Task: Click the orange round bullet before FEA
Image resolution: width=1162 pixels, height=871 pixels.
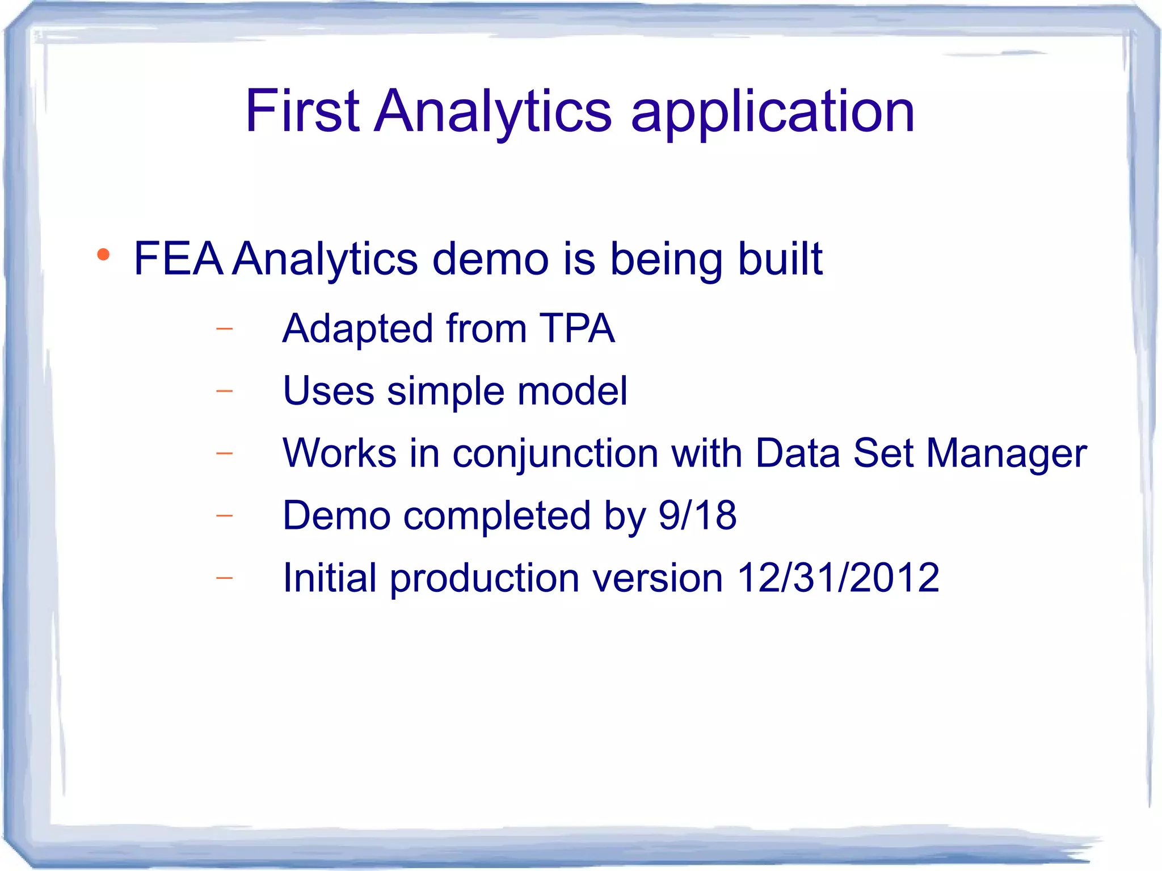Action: pyautogui.click(x=103, y=255)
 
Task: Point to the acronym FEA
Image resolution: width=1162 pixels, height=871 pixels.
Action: pyautogui.click(x=178, y=259)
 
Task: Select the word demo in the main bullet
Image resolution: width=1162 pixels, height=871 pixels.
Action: pyautogui.click(x=490, y=259)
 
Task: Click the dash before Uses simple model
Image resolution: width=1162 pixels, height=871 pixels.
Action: pyautogui.click(x=225, y=391)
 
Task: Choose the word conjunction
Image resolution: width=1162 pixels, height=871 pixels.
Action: pyautogui.click(x=555, y=454)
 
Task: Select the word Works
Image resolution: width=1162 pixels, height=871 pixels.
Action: pyautogui.click(x=339, y=453)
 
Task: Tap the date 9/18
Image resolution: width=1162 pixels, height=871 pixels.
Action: pyautogui.click(x=697, y=515)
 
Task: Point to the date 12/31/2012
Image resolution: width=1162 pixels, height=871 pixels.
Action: pyautogui.click(x=837, y=578)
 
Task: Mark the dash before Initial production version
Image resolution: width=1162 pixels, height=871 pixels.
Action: pyautogui.click(x=225, y=578)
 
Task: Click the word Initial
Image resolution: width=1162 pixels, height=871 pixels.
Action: pyautogui.click(x=329, y=578)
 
